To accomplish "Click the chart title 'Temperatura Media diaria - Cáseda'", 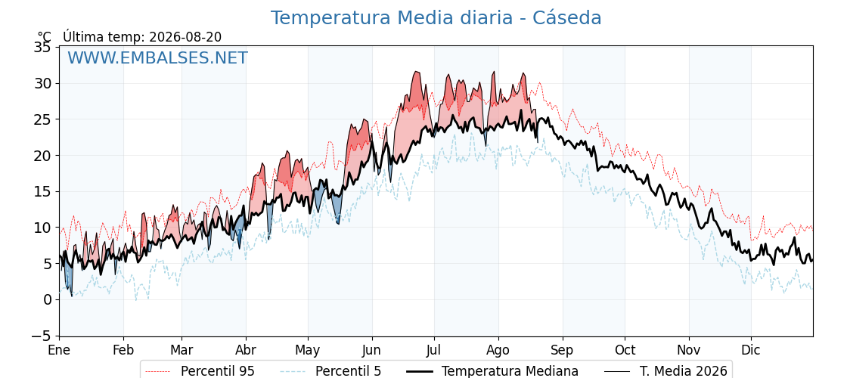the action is (x=436, y=18).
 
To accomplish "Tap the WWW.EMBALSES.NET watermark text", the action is (x=158, y=57).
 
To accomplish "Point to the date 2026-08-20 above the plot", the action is (x=185, y=37).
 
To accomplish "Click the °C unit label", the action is (x=45, y=37).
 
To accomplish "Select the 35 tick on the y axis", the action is (x=42, y=48).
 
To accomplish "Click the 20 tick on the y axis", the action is (x=42, y=156).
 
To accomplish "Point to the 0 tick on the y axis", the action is (x=48, y=299).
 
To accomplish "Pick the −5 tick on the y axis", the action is (x=41, y=336).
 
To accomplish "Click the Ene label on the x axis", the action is (x=59, y=350).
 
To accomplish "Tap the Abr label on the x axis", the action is (x=246, y=350).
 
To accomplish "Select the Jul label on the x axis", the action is (x=434, y=350).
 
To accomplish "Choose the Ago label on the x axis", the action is (x=498, y=351).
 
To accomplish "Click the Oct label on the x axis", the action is (x=625, y=350).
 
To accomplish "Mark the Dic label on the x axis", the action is (x=751, y=350).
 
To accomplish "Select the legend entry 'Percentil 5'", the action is (x=331, y=371).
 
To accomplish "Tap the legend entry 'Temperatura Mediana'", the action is (x=492, y=371).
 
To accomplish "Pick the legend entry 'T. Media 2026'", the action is (x=666, y=371).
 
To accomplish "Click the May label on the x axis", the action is (x=308, y=351).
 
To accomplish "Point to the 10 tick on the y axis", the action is (x=42, y=228).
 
